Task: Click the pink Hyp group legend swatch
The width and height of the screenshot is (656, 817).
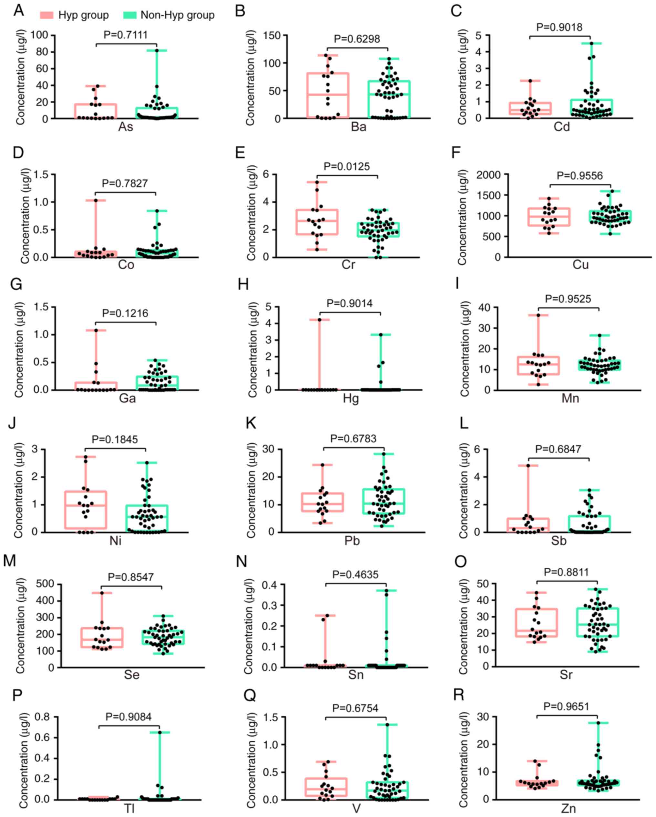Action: pos(46,15)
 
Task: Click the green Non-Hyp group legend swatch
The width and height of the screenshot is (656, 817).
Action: pos(129,15)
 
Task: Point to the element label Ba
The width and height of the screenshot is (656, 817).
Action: pos(358,127)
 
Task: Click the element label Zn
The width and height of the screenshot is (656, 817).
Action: pos(568,809)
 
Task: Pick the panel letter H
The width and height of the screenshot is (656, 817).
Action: pos(243,284)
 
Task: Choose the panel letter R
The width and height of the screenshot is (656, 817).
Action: pos(458,695)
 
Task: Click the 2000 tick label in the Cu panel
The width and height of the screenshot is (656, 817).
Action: pos(488,175)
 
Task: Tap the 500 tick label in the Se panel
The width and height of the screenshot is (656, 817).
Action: pos(47,584)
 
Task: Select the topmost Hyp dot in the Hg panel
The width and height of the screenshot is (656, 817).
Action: pos(319,320)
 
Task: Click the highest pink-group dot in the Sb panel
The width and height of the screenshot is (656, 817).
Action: pos(528,466)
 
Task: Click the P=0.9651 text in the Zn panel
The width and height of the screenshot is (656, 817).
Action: pos(566,706)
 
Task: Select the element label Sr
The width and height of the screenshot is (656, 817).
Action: pos(566,675)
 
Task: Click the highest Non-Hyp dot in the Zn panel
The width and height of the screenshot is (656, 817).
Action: pos(599,723)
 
